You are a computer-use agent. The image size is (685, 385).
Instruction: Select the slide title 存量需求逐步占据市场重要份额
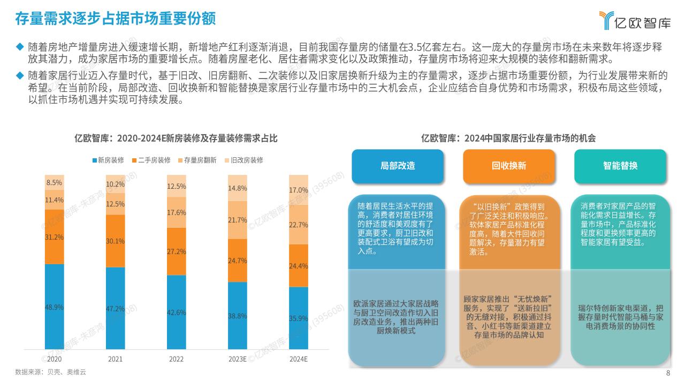click(x=115, y=19)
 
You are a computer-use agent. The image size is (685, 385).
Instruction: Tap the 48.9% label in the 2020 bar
click(x=54, y=307)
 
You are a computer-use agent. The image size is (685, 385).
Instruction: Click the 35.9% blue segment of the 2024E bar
click(x=299, y=318)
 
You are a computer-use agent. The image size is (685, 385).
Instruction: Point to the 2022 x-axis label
click(x=176, y=359)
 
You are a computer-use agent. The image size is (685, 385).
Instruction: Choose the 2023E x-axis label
click(x=237, y=359)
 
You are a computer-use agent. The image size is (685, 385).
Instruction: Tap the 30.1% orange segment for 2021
click(x=115, y=241)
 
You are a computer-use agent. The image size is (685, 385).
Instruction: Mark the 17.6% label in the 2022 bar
click(x=177, y=212)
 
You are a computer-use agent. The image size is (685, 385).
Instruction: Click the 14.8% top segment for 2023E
click(x=238, y=188)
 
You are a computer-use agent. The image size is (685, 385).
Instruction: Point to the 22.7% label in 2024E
click(x=299, y=225)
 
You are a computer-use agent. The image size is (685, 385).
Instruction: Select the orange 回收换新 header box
click(x=509, y=166)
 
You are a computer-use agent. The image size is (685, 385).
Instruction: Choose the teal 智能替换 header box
click(x=620, y=166)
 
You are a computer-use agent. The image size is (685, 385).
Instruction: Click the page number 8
click(x=668, y=373)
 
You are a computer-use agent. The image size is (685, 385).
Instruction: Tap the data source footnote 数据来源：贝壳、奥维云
click(x=50, y=372)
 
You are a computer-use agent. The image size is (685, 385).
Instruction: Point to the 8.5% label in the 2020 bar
click(x=54, y=182)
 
